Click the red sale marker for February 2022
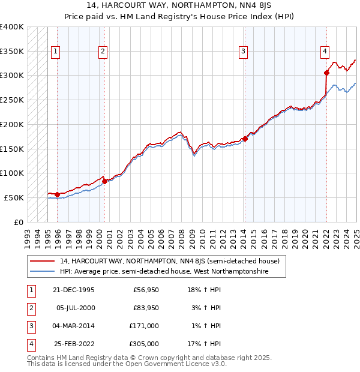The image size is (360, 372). [x=326, y=73]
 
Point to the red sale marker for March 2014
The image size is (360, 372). [x=245, y=139]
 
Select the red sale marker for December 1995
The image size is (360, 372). [x=57, y=194]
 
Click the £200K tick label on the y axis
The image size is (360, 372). [x=12, y=124]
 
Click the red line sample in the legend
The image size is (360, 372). [x=43, y=262]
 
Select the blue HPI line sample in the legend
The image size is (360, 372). [x=43, y=272]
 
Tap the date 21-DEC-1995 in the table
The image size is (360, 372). [x=73, y=290]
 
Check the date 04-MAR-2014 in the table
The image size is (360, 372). [x=73, y=326]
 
